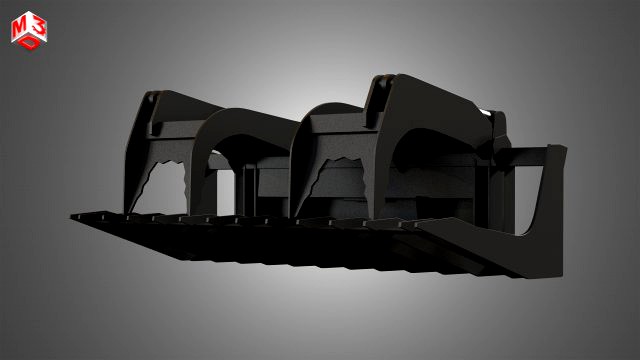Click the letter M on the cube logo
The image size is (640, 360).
click(x=19, y=29)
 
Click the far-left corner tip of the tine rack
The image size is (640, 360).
click(x=73, y=212)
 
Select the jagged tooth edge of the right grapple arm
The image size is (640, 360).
click(x=330, y=170)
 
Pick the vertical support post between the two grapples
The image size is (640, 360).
click(x=243, y=185)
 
